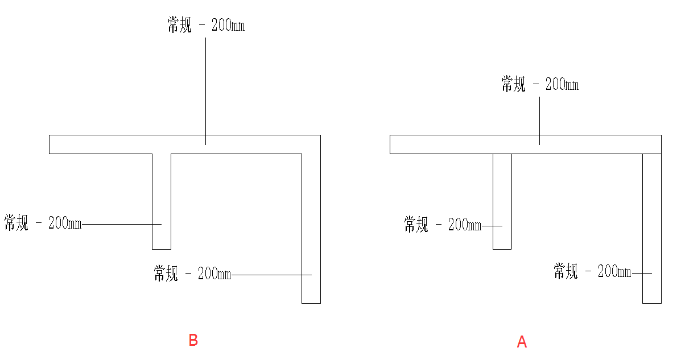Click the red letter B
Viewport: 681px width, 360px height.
pyautogui.click(x=193, y=340)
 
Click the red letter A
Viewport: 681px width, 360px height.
pyautogui.click(x=522, y=342)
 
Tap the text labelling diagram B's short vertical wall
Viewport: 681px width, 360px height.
pyautogui.click(x=43, y=224)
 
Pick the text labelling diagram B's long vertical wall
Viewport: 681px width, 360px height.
pyautogui.click(x=192, y=274)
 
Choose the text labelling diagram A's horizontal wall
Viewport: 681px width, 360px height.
pyautogui.click(x=539, y=85)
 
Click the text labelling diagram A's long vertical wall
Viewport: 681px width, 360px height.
pyautogui.click(x=592, y=271)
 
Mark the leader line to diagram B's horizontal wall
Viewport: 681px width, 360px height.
pyautogui.click(x=206, y=85)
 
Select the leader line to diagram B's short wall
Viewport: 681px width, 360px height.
pyautogui.click(x=122, y=224)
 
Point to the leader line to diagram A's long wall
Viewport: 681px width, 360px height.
pyautogui.click(x=641, y=274)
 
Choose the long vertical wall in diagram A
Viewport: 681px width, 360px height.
pyautogui.click(x=651, y=227)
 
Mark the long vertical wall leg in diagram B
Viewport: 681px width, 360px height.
pyautogui.click(x=311, y=227)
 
